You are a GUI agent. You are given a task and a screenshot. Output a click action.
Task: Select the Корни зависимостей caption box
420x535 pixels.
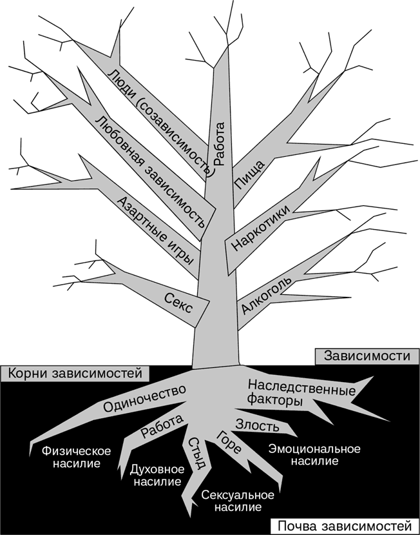click(x=75, y=373)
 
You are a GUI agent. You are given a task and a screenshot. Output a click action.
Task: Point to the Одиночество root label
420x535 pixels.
click(x=144, y=399)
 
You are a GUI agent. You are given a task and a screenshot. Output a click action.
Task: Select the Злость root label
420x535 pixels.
click(x=258, y=426)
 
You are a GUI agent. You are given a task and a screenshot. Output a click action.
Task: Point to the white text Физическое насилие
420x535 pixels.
click(x=75, y=457)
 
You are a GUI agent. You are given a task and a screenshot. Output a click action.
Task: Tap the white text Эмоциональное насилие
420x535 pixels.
click(x=314, y=454)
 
